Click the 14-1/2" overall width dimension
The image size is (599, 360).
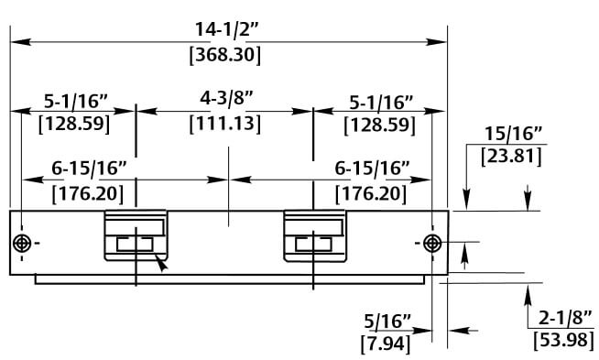pos(227,29)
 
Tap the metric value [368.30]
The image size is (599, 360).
pos(225,55)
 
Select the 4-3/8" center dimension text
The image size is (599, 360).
pos(226,99)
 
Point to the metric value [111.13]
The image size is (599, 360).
pos(225,124)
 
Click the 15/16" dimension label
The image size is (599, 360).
pos(514,134)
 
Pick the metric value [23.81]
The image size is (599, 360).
pos(511,157)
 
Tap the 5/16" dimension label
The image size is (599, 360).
pos(387,322)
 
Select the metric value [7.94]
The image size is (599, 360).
pos(386,344)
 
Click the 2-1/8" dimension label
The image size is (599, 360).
pos(565,318)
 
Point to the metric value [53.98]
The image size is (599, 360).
pos(564,340)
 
